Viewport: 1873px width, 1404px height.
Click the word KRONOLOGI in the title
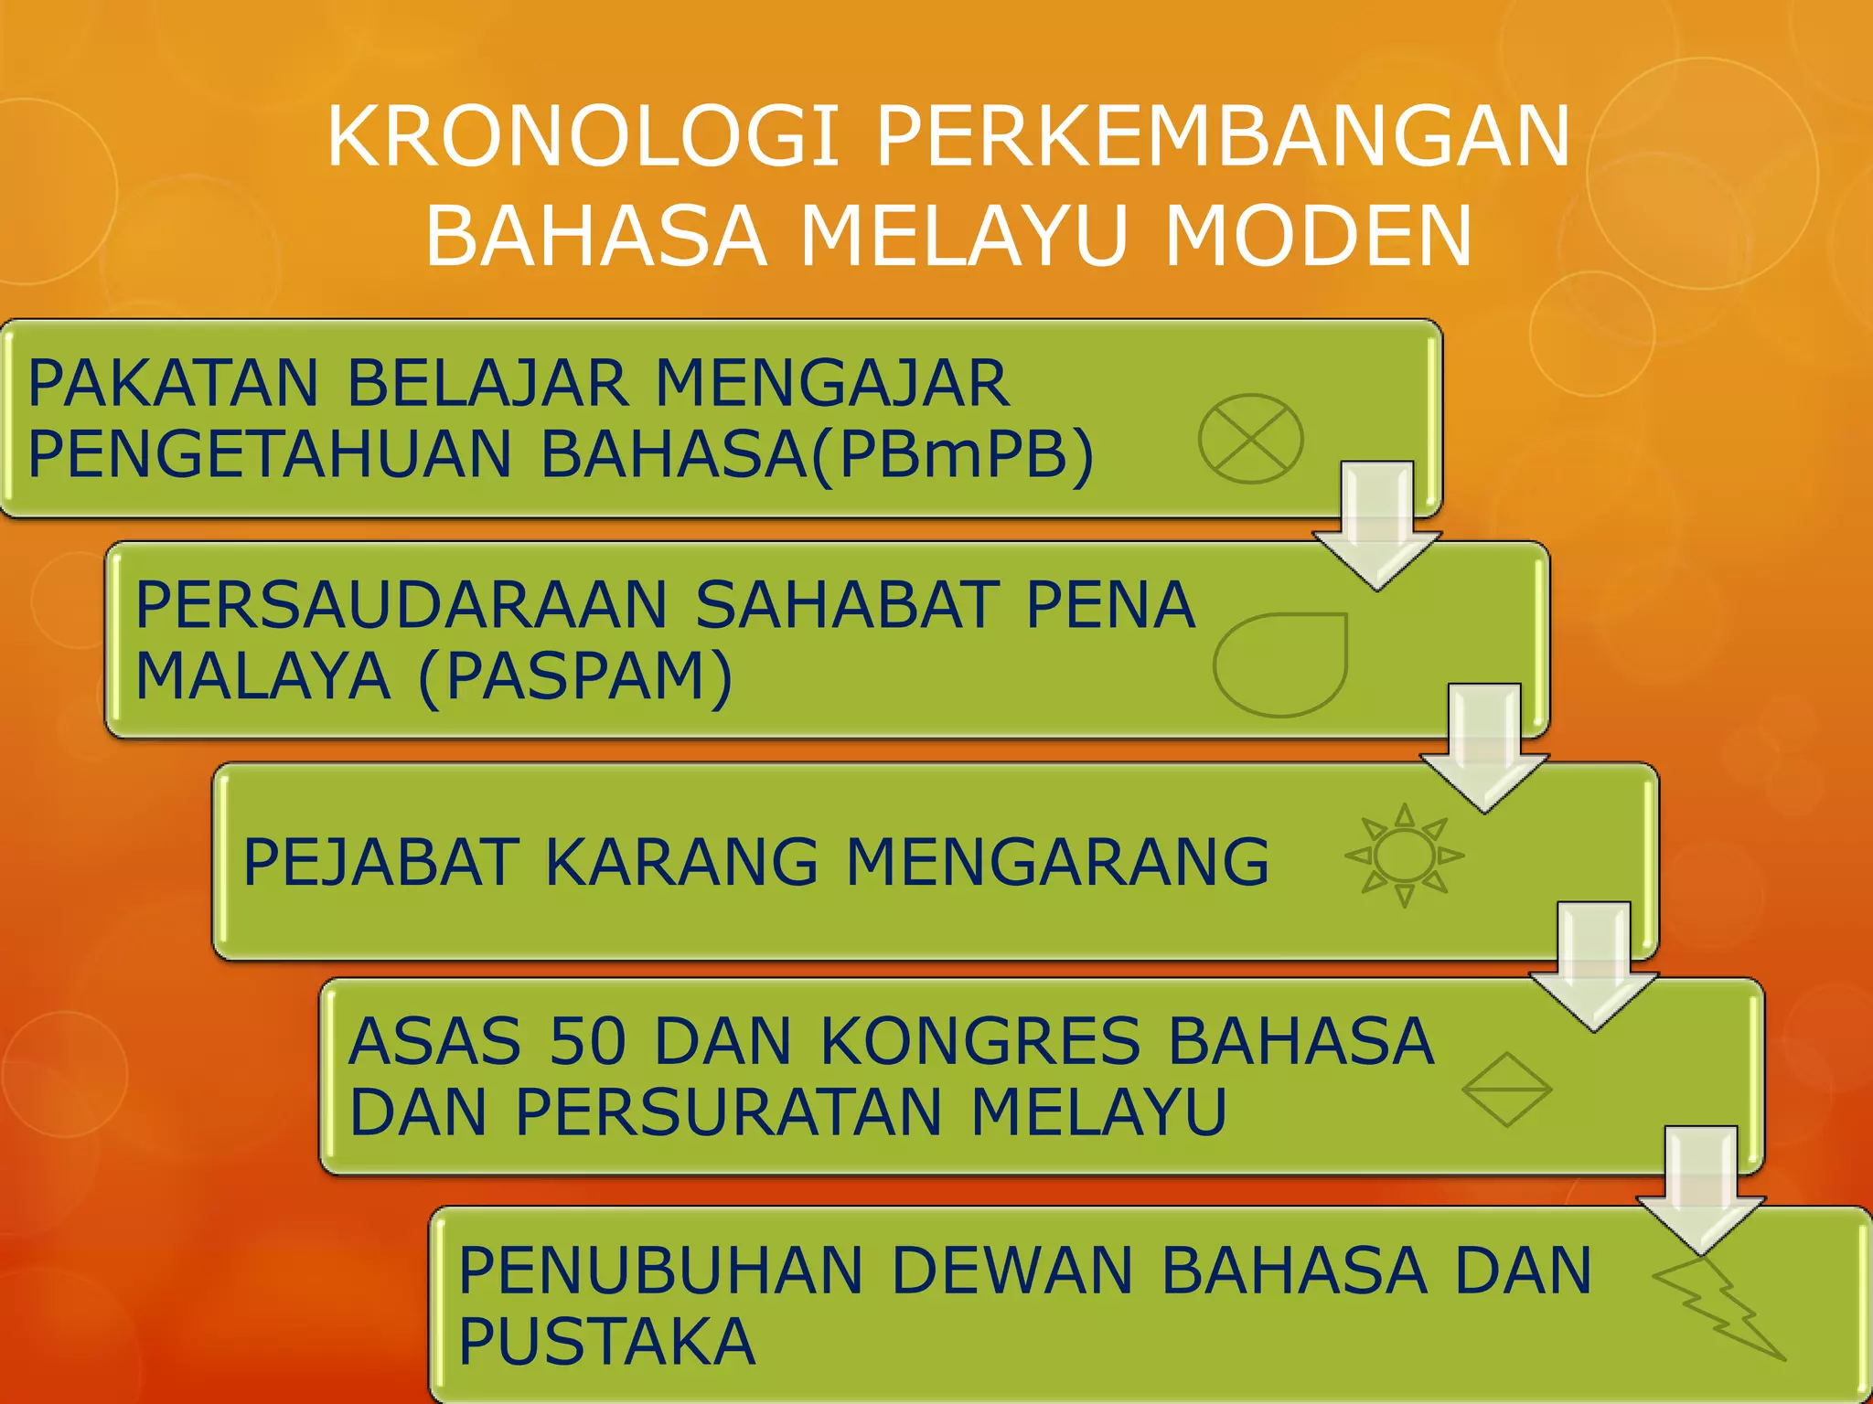[583, 137]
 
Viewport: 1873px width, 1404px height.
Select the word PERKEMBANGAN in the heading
[1224, 137]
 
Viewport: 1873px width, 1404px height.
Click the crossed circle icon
[1250, 439]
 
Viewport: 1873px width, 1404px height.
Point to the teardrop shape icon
[1281, 665]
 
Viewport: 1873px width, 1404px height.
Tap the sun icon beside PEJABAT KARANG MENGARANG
[1405, 856]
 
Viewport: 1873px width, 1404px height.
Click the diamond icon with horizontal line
[1506, 1090]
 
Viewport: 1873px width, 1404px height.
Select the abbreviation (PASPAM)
[575, 676]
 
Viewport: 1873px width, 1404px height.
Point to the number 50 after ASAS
[589, 1041]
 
